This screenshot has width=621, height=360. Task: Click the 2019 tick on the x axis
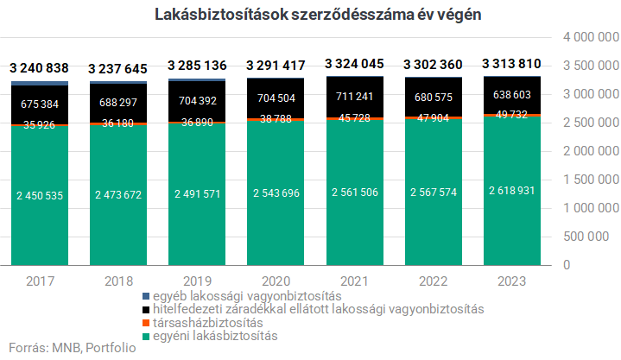coord(197,281)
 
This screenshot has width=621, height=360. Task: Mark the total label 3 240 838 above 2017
coord(39,68)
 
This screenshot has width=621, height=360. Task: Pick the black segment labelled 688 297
coord(118,102)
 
